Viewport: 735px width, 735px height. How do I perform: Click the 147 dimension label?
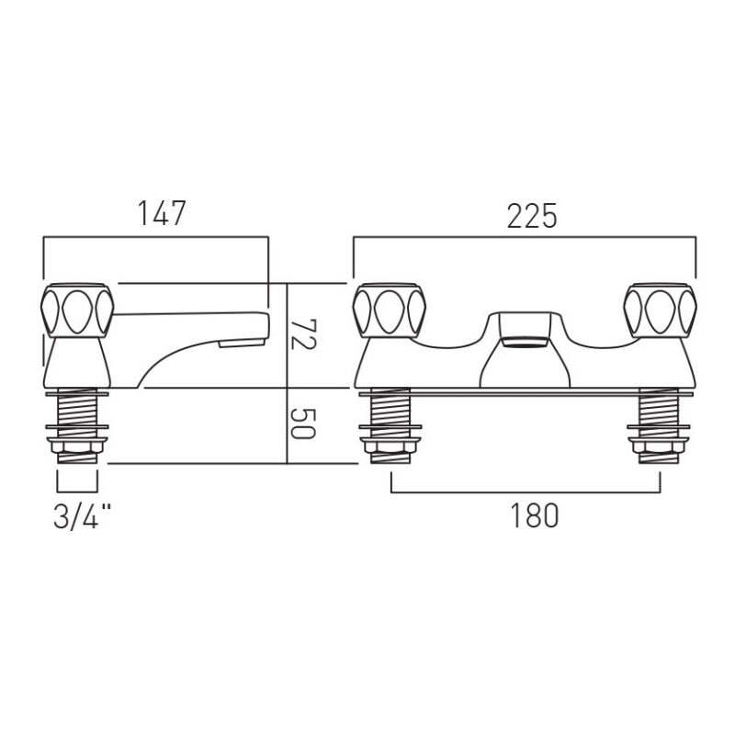162,213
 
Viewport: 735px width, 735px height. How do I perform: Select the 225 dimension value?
532,216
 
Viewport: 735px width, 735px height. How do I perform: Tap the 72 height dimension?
303,334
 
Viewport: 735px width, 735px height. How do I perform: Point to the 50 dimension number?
303,424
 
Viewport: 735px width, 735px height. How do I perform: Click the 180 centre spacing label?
535,515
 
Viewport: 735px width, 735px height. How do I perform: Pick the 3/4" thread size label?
83,517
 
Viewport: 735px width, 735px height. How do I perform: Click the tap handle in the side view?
77,311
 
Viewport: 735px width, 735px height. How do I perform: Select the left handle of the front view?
389,311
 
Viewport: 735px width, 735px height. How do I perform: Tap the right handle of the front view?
660,311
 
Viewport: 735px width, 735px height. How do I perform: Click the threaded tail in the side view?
77,425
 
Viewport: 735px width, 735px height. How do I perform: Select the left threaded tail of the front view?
390,425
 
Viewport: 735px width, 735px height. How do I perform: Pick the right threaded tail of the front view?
659,425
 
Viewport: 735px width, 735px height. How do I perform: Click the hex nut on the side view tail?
77,445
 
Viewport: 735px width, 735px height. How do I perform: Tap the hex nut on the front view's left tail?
390,445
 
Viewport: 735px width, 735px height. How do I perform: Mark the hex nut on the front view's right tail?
659,445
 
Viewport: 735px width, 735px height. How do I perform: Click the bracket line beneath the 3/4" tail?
77,492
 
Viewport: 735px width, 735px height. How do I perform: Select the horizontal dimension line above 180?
526,492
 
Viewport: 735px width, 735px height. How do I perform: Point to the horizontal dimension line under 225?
525,238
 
